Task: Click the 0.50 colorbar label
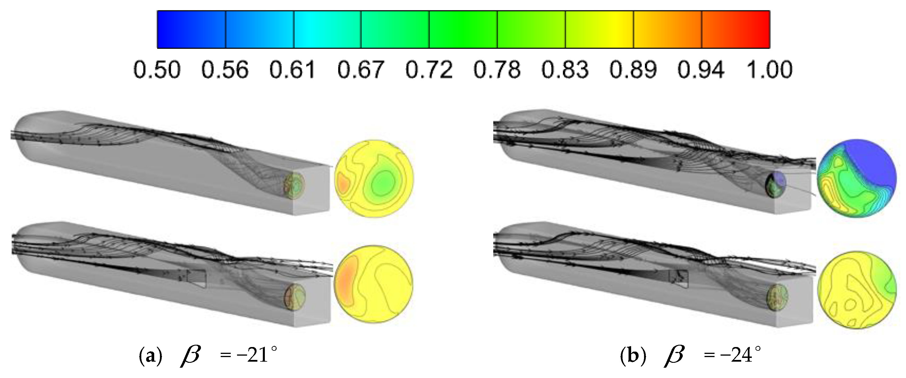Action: (x=157, y=70)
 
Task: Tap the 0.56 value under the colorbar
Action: (x=225, y=70)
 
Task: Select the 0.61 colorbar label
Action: (x=292, y=70)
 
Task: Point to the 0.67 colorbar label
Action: (x=361, y=70)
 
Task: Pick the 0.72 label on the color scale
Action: (x=429, y=70)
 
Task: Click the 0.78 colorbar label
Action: (x=497, y=70)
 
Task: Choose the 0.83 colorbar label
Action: (x=565, y=70)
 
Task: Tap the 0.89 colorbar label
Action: (x=633, y=70)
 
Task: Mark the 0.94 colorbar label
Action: (x=701, y=70)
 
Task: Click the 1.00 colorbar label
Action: (x=769, y=70)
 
